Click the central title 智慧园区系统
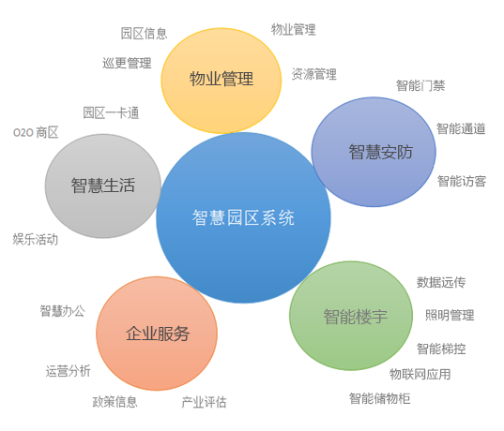tap(243, 218)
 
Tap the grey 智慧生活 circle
tap(103, 186)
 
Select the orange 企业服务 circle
tap(157, 334)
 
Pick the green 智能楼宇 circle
tap(351, 316)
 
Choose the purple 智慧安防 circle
tap(374, 152)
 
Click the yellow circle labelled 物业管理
tap(221, 81)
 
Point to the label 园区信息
tap(144, 34)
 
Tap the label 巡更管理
tap(127, 63)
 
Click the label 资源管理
tap(314, 74)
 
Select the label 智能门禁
tap(420, 85)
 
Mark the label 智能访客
tap(462, 182)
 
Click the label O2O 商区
tap(36, 132)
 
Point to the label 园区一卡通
tap(111, 113)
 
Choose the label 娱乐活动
tap(36, 240)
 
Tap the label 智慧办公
tap(62, 311)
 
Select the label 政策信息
tap(115, 402)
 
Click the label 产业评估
tap(204, 402)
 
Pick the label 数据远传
tap(441, 282)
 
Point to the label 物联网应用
tap(420, 374)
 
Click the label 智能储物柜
tap(379, 398)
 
